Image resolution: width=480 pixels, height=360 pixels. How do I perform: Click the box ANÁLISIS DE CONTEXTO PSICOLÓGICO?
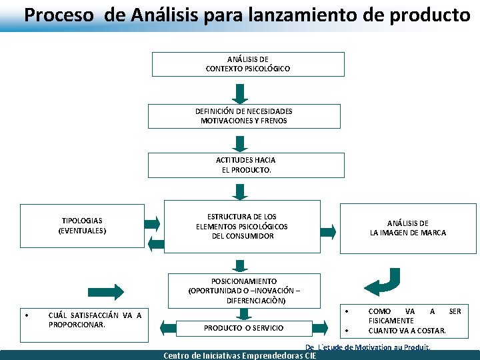(x=247, y=64)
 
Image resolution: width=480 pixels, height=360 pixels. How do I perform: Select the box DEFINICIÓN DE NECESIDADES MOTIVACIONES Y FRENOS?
(x=243, y=116)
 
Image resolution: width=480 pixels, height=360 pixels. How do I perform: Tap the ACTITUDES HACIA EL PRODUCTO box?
(x=245, y=165)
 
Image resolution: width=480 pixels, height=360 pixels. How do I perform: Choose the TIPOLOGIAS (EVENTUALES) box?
(x=82, y=225)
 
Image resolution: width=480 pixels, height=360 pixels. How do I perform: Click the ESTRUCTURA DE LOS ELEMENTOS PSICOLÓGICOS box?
(x=241, y=227)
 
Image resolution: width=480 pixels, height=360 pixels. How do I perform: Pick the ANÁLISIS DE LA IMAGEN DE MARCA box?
(x=408, y=228)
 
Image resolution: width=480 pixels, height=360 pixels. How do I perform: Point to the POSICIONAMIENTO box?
(x=243, y=291)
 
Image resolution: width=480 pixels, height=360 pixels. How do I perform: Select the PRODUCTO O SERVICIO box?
(x=243, y=328)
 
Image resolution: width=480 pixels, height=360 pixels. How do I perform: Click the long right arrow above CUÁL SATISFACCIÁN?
(x=105, y=291)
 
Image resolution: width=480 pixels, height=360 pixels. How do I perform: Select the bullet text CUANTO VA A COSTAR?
(x=407, y=331)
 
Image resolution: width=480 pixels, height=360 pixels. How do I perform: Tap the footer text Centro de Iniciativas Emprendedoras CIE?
(x=240, y=355)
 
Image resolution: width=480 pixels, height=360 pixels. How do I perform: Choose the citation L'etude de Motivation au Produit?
(x=368, y=347)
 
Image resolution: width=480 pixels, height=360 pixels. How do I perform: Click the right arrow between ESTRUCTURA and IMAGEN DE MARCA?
(x=327, y=231)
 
